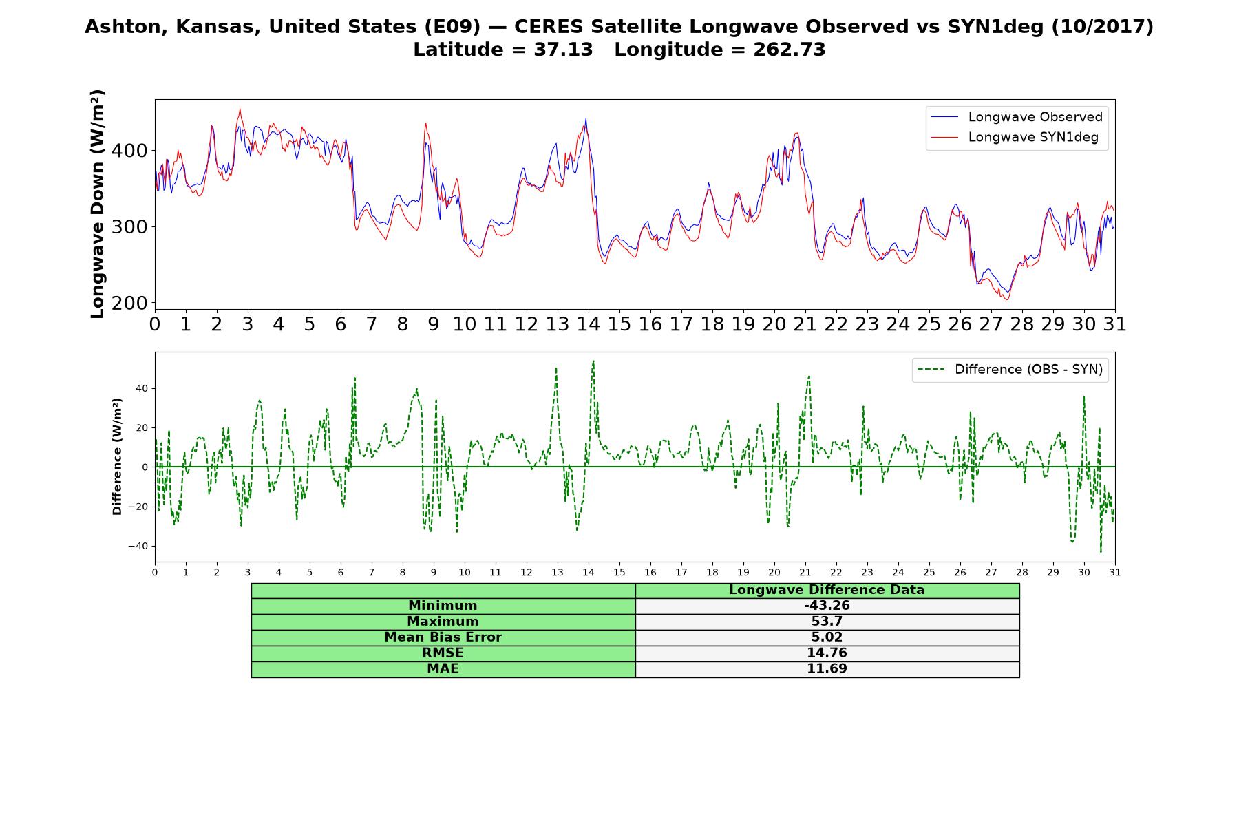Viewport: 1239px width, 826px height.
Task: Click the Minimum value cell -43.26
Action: click(x=827, y=606)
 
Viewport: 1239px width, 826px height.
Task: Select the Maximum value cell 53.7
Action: click(x=827, y=622)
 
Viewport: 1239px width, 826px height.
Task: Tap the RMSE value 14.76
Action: click(x=827, y=653)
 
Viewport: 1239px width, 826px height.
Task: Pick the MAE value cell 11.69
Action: click(x=827, y=669)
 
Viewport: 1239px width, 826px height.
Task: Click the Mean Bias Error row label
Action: click(x=443, y=637)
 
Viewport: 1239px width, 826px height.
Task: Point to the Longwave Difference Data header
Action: click(x=827, y=590)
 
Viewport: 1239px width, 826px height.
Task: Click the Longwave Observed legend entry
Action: click(x=1016, y=117)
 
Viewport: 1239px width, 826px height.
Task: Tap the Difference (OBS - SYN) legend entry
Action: click(x=1009, y=370)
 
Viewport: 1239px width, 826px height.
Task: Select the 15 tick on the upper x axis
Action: click(x=619, y=324)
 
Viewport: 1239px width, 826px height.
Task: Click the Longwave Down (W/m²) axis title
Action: click(x=98, y=204)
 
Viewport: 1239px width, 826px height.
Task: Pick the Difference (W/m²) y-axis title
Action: click(x=117, y=456)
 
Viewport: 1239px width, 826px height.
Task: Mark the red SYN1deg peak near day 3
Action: click(x=240, y=109)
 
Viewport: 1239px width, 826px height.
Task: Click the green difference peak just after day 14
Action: click(x=593, y=361)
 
